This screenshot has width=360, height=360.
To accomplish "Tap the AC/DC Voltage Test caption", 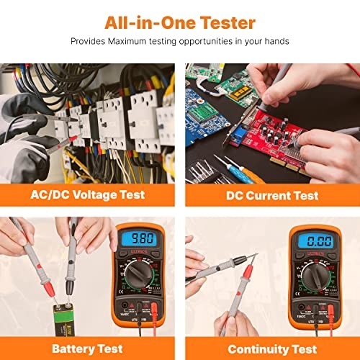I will coord(87,194).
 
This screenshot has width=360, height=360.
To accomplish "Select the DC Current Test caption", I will coord(272,194).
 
